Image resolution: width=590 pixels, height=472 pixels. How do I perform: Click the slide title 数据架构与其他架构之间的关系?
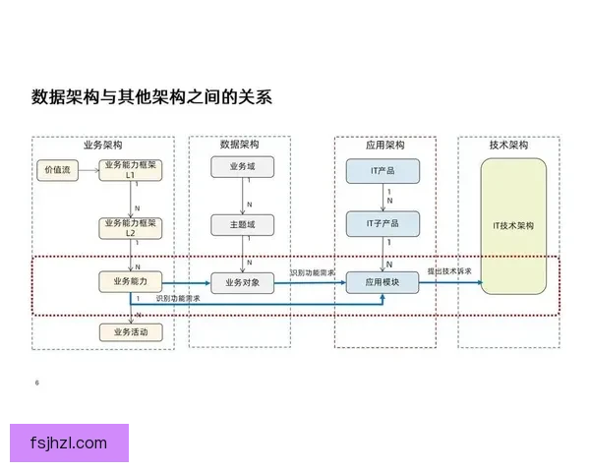(x=150, y=97)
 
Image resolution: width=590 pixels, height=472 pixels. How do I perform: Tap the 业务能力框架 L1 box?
(x=130, y=170)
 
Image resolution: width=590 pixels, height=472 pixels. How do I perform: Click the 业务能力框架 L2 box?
(x=130, y=228)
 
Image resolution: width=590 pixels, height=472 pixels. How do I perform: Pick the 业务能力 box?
(x=130, y=281)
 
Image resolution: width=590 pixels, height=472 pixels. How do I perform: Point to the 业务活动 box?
(x=130, y=332)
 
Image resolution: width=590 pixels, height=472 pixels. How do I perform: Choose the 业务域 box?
(x=241, y=167)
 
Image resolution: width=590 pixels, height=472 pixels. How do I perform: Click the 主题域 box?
(x=241, y=225)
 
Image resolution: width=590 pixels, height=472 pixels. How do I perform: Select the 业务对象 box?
(x=241, y=282)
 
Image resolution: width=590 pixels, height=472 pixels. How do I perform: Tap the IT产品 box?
(x=383, y=171)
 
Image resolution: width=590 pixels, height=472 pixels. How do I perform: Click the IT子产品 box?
(x=383, y=224)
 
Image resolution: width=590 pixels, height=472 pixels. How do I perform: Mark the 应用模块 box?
(x=383, y=282)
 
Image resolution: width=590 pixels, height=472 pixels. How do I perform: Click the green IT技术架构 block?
(x=512, y=225)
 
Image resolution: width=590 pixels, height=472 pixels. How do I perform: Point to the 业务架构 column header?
(x=103, y=145)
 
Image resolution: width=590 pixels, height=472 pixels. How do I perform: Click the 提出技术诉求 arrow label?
(x=448, y=271)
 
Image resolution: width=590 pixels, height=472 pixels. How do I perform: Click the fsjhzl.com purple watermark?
(x=69, y=442)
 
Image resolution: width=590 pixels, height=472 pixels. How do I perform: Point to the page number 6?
(x=36, y=382)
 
